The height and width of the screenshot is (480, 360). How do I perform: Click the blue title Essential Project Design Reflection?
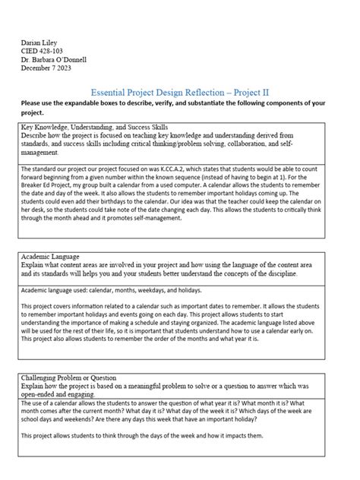coord(155,90)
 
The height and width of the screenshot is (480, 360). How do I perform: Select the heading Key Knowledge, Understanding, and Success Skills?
coord(94,127)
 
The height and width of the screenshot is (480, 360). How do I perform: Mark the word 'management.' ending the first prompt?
coord(40,151)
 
